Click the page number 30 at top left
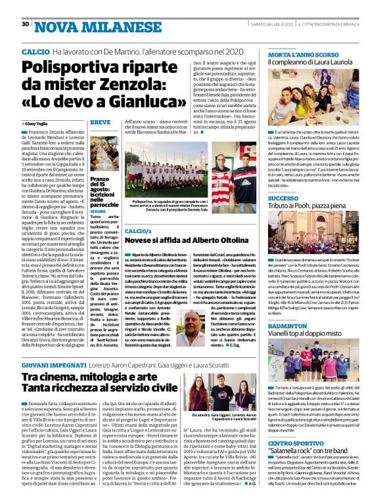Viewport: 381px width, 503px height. [26, 24]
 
